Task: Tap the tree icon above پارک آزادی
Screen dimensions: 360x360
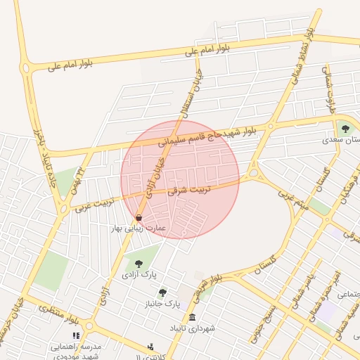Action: click(138, 263)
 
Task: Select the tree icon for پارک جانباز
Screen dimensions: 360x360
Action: click(163, 292)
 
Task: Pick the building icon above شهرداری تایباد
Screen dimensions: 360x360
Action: click(192, 318)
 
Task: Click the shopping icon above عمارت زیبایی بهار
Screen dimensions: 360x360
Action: click(139, 217)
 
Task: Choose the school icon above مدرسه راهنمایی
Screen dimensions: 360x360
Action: click(77, 336)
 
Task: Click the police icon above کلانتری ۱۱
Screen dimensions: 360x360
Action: click(150, 347)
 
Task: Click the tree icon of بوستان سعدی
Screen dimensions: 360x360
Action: click(345, 128)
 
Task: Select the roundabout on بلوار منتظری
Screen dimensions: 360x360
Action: click(89, 326)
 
